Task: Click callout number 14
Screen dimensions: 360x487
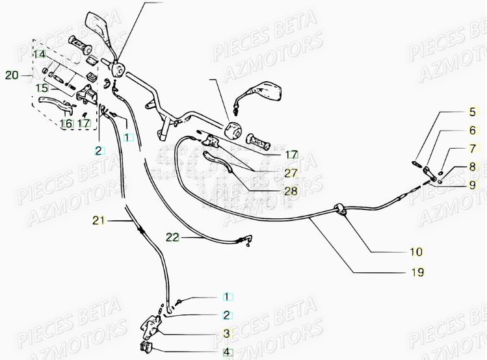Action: pyautogui.click(x=40, y=54)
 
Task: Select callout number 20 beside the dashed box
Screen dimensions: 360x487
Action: pyautogui.click(x=12, y=75)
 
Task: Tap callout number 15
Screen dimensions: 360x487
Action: pyautogui.click(x=41, y=87)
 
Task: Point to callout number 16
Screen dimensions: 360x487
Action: pyautogui.click(x=66, y=123)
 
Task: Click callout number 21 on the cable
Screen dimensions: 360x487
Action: pyautogui.click(x=98, y=222)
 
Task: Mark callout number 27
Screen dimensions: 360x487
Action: pyautogui.click(x=291, y=173)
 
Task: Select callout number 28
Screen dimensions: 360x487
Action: pyautogui.click(x=291, y=191)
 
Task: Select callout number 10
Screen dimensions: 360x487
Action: pyautogui.click(x=415, y=251)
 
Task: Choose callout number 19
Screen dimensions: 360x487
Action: pyautogui.click(x=415, y=272)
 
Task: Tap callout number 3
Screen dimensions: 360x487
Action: pyautogui.click(x=227, y=333)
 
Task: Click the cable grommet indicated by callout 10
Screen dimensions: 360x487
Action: pyautogui.click(x=339, y=208)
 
